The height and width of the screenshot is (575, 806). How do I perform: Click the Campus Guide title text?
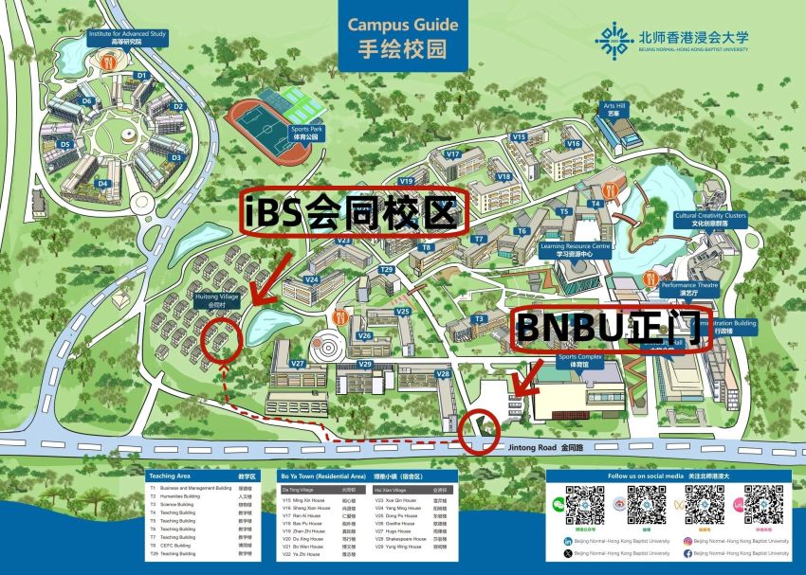(x=403, y=25)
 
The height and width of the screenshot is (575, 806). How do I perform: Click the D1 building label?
(x=141, y=75)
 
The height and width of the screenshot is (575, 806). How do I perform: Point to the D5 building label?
(x=64, y=144)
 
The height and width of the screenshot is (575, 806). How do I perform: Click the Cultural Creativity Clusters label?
(x=710, y=219)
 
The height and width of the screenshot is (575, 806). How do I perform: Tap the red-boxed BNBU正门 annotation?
(x=607, y=329)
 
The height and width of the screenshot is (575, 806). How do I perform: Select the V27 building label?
(x=298, y=363)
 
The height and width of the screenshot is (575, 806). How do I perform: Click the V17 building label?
(x=452, y=153)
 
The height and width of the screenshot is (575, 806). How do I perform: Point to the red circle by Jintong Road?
(x=477, y=429)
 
